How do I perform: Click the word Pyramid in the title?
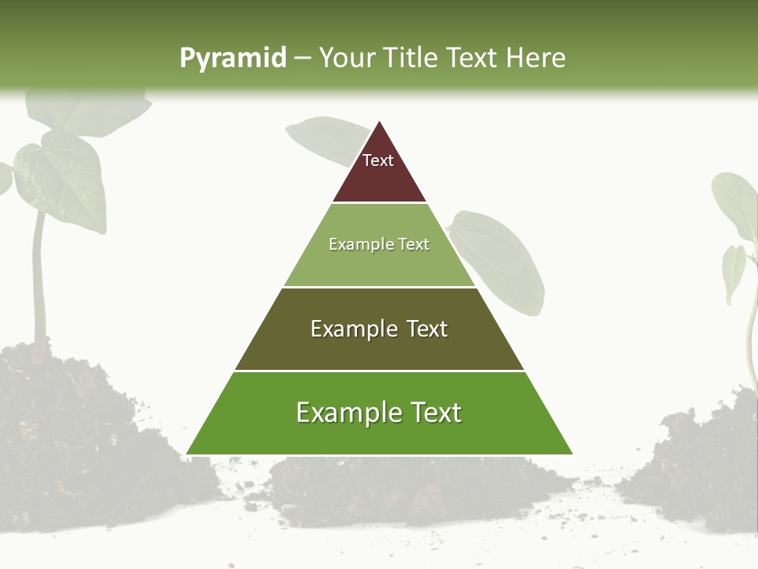pos(232,58)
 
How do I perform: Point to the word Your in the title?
pos(348,58)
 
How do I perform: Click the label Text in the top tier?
pos(378,160)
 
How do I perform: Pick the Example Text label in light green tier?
pos(379,244)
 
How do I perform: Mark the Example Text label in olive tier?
pos(379,329)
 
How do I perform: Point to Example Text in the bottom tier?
pos(379,413)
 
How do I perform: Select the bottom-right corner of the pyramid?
pos(572,454)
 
